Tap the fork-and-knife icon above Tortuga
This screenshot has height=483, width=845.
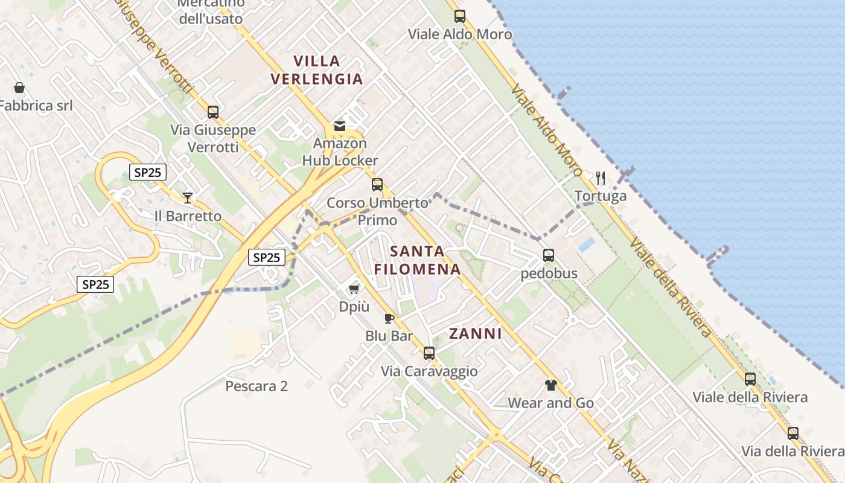click(601, 178)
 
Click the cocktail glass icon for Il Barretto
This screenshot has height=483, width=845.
click(188, 197)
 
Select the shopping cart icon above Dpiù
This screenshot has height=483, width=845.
click(354, 289)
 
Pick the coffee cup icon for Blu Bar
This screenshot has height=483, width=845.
click(389, 318)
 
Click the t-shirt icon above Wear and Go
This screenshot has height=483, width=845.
click(550, 385)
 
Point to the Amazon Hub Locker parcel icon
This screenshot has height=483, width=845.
click(340, 126)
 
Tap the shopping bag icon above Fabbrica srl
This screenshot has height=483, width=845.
click(19, 88)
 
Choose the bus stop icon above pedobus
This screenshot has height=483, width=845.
click(549, 255)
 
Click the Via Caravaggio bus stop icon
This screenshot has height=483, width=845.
click(429, 353)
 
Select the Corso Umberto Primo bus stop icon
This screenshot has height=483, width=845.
click(377, 185)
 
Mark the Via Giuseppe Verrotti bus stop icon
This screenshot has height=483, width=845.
click(213, 112)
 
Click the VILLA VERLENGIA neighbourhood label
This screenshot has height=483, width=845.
click(317, 70)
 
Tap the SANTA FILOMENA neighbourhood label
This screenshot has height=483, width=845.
click(417, 260)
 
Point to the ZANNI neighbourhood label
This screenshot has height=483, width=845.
click(476, 334)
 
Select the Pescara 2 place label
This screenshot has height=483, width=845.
click(257, 386)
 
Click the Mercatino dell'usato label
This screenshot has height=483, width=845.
click(211, 11)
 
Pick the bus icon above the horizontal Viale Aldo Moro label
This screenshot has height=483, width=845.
click(460, 16)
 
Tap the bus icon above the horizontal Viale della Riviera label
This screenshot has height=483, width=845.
click(750, 379)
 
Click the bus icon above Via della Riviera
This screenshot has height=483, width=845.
click(793, 433)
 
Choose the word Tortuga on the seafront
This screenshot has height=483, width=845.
click(601, 196)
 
